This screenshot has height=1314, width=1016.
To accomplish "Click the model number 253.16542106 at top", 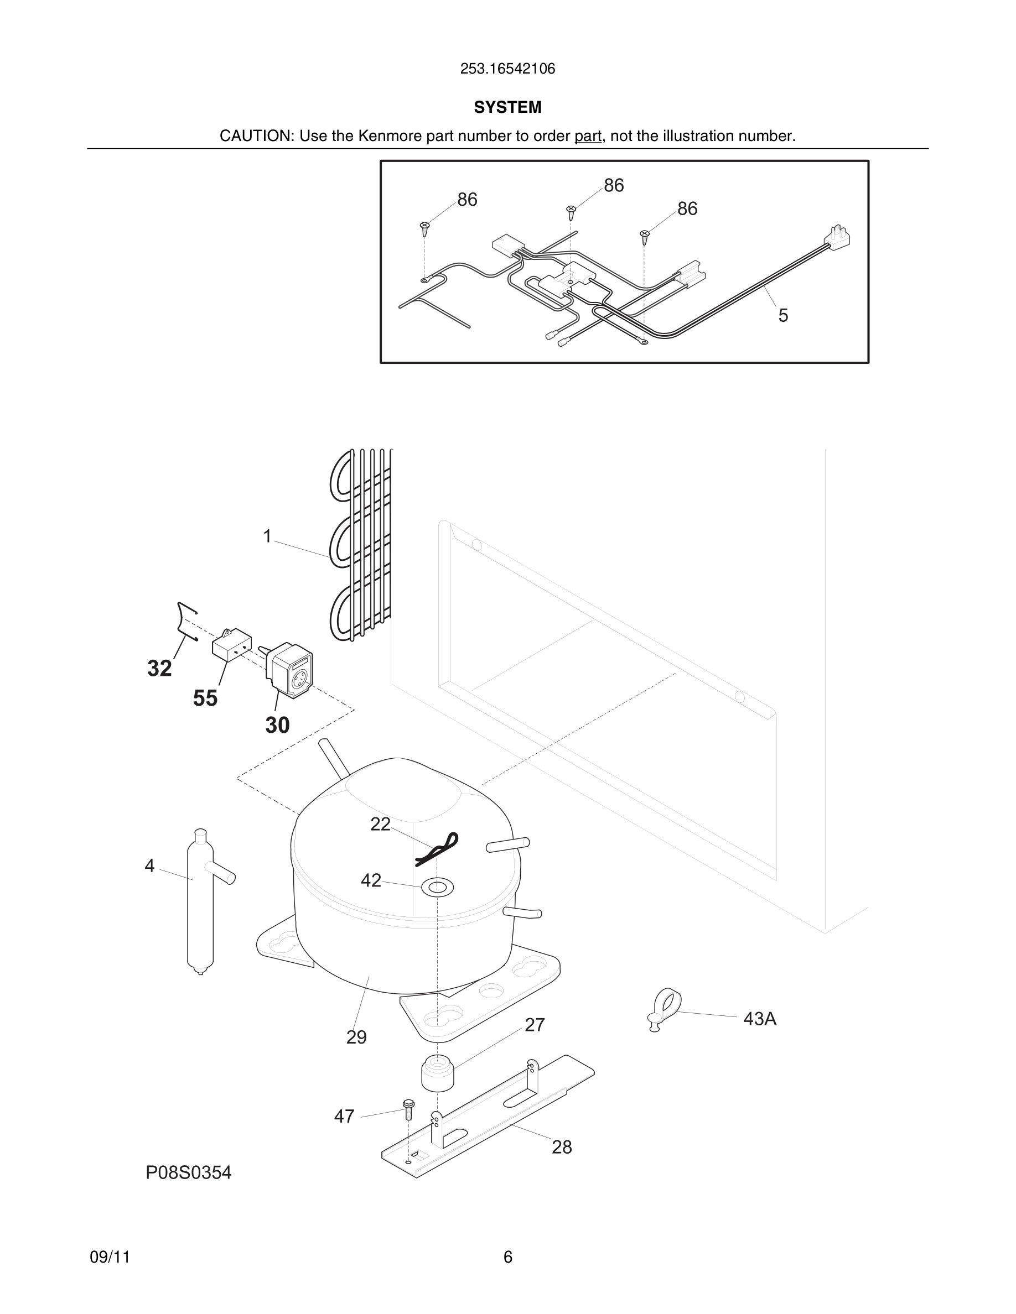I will [507, 69].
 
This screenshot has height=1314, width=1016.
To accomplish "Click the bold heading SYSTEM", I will [507, 107].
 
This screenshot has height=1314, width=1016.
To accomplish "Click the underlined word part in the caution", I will [588, 136].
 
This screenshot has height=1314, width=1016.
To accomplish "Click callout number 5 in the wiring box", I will [782, 315].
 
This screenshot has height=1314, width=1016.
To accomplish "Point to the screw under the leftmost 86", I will [425, 228].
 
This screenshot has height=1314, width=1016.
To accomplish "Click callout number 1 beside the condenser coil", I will [268, 536].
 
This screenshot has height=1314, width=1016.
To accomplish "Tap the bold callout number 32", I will [159, 669].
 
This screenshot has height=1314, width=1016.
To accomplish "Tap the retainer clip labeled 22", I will [438, 849].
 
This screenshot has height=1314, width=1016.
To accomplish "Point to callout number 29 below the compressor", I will [356, 1036].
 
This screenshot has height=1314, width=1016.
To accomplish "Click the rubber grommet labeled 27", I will [437, 1073].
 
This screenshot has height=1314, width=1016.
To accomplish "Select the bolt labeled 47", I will [408, 1108].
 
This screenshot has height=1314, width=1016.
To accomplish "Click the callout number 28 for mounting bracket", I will [562, 1147].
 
